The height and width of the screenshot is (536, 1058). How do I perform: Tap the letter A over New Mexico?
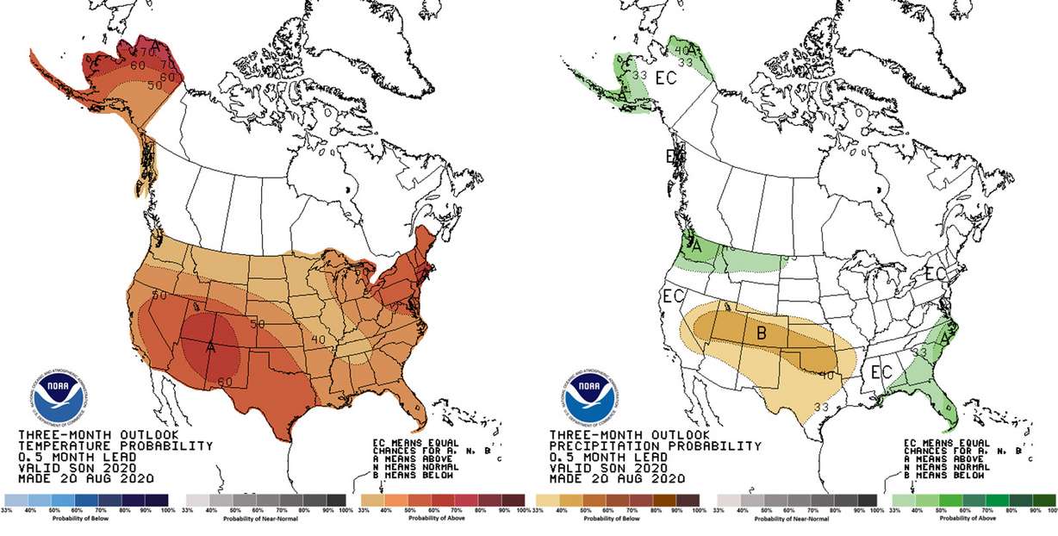210,347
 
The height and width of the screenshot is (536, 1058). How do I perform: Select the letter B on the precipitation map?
762,333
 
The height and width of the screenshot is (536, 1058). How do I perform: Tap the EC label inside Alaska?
665,78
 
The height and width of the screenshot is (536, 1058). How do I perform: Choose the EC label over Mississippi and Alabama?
880,372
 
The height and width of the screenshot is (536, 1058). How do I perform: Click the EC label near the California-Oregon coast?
673,296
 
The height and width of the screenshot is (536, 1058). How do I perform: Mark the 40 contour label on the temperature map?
319,339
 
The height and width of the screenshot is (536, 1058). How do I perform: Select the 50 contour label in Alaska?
155,86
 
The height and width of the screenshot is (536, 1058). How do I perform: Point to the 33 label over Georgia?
919,352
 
